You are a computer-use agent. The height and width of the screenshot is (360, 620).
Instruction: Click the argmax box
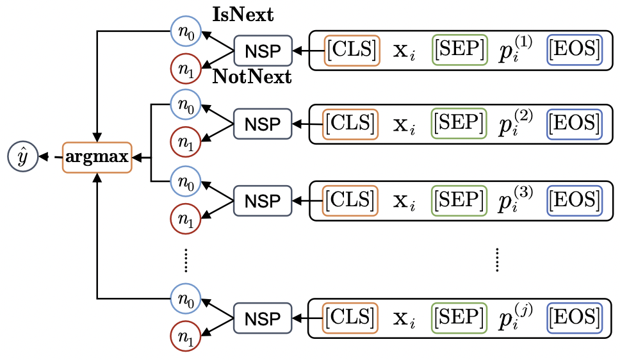point(97,156)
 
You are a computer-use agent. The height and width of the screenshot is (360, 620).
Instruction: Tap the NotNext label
point(252,78)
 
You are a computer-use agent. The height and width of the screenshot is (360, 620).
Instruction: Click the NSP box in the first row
point(263,51)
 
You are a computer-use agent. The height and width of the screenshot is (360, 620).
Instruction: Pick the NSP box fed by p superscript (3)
point(263,201)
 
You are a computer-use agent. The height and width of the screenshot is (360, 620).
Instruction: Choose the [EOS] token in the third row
point(575,200)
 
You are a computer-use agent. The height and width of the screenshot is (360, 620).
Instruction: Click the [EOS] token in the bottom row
point(575,316)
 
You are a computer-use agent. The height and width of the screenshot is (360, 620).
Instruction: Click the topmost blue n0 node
point(186,29)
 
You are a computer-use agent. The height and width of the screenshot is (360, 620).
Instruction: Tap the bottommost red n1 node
point(186,338)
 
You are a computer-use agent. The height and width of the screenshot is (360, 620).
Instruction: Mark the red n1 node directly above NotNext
point(186,67)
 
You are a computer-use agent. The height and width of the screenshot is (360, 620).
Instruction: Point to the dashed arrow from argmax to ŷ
point(49,156)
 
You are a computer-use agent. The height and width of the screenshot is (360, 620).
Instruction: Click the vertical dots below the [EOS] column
point(497,259)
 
